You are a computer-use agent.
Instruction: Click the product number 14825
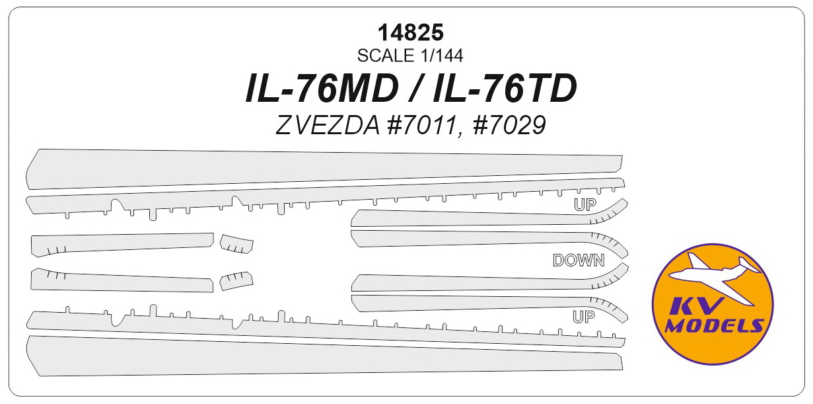coord(411,32)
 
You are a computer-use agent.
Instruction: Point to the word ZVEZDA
coord(328,126)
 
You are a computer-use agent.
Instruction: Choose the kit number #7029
coord(510,126)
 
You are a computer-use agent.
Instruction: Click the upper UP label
coord(584,205)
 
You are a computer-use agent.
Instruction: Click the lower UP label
coord(584,317)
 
